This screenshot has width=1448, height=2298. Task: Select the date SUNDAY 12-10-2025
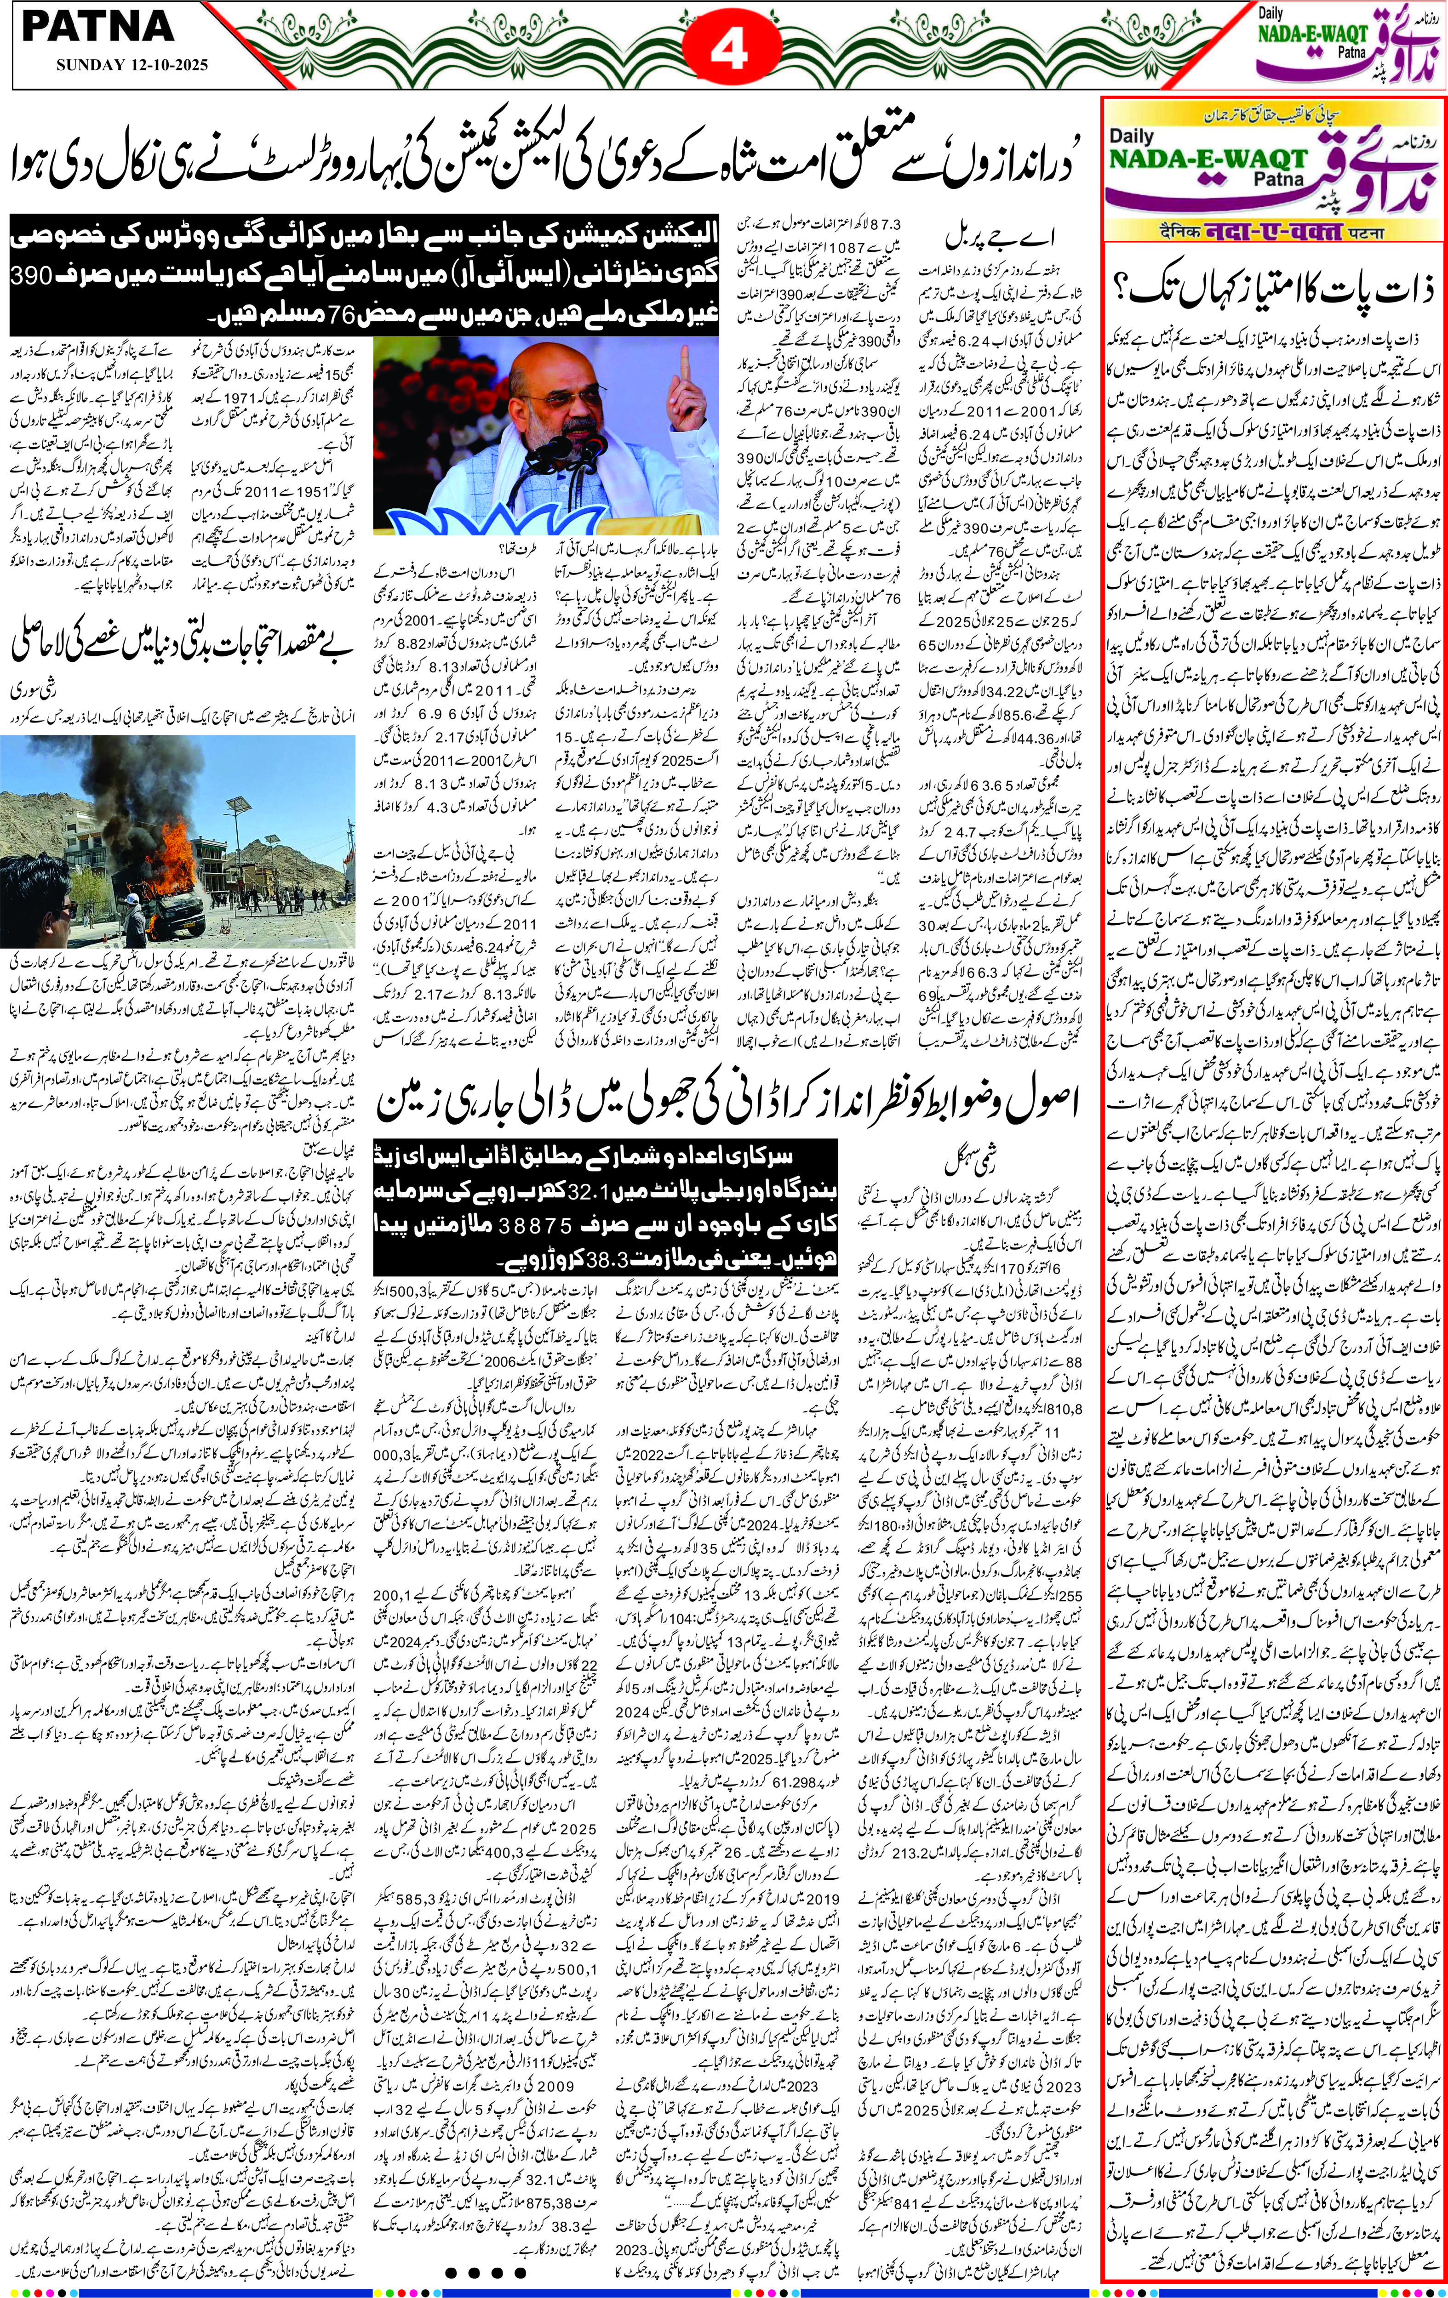132,66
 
